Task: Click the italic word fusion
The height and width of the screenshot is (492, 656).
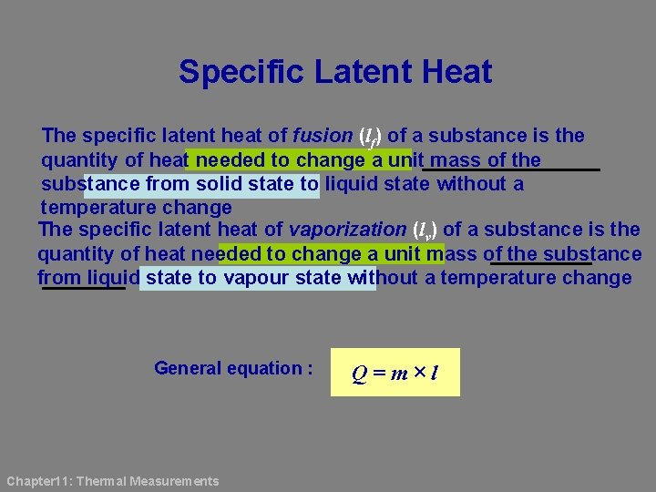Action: [323, 136]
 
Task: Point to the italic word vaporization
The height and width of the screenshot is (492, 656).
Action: [347, 230]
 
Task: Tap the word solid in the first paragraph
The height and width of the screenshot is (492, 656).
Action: [221, 184]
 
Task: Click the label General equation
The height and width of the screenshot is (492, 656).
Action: [233, 368]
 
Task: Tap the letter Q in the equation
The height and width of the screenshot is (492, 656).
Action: [361, 374]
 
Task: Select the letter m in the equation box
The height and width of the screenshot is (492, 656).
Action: [397, 374]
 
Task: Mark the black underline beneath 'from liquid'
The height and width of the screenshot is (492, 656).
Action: [84, 289]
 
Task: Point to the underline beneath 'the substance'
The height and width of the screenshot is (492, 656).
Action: [539, 264]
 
